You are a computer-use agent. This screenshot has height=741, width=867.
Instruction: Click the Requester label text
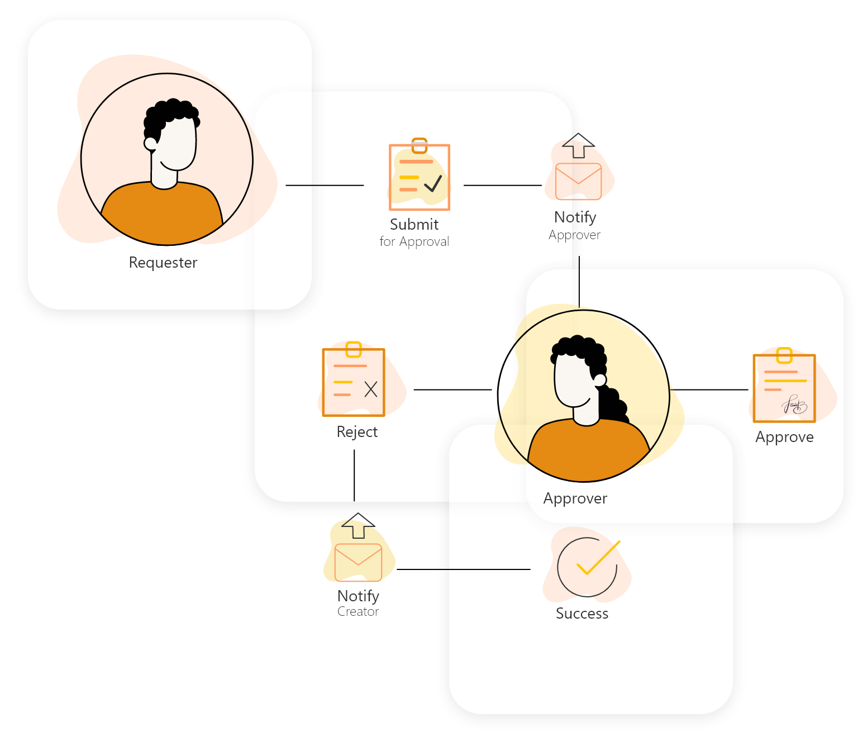pyautogui.click(x=163, y=263)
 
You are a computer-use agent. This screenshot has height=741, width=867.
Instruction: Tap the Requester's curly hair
pyautogui.click(x=170, y=112)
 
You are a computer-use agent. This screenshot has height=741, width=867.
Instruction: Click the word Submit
pyautogui.click(x=414, y=225)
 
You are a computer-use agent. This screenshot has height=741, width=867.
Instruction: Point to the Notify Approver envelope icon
pyautogui.click(x=578, y=181)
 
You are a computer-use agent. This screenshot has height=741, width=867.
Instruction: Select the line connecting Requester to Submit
pyautogui.click(x=324, y=185)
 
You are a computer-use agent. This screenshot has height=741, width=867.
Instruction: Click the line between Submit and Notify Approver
pyautogui.click(x=502, y=185)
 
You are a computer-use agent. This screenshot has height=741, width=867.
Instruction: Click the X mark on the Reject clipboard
pyautogui.click(x=371, y=389)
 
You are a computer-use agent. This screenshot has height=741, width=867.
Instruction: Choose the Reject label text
pyautogui.click(x=357, y=432)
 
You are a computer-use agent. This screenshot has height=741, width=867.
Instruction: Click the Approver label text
pyautogui.click(x=575, y=498)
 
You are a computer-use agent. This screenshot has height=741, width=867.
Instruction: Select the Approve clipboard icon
pyautogui.click(x=784, y=388)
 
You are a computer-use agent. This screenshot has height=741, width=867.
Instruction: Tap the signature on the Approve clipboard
pyautogui.click(x=794, y=405)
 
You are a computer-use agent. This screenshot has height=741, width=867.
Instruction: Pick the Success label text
pyautogui.click(x=582, y=614)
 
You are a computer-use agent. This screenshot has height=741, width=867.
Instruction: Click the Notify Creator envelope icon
pyautogui.click(x=358, y=562)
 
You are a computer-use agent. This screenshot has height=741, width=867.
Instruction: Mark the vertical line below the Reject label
pyautogui.click(x=354, y=475)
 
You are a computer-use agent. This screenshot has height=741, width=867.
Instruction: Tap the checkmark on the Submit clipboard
pyautogui.click(x=433, y=183)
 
